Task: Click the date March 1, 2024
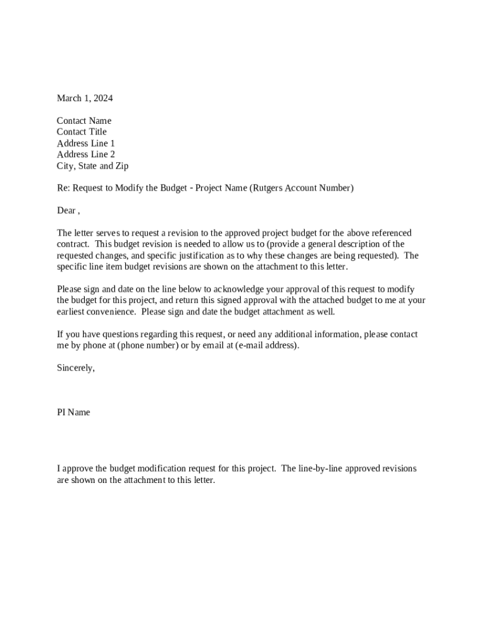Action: (x=85, y=98)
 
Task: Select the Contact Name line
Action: (x=84, y=121)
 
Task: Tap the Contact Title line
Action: (x=82, y=132)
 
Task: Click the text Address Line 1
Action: (x=85, y=143)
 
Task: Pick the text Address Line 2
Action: (x=85, y=155)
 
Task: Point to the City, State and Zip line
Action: (x=92, y=166)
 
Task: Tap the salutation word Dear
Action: (x=67, y=211)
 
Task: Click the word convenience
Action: (x=109, y=312)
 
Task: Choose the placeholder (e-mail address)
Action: (x=267, y=346)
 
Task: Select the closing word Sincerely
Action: (x=75, y=369)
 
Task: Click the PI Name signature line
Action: (x=74, y=413)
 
